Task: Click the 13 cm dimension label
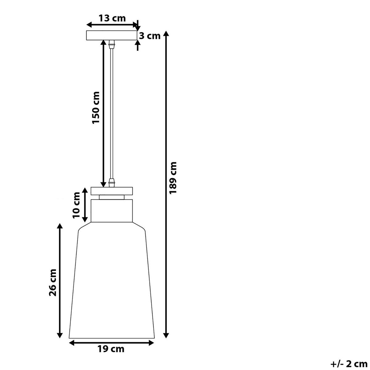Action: (112, 18)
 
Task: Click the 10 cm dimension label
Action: (76, 205)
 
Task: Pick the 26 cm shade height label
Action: (53, 282)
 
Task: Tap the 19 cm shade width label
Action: (111, 349)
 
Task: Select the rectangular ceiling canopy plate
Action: (111, 35)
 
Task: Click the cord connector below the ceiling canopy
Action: (112, 44)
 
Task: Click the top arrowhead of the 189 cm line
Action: (166, 33)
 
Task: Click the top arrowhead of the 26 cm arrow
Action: (60, 226)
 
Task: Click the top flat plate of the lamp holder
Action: (112, 191)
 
